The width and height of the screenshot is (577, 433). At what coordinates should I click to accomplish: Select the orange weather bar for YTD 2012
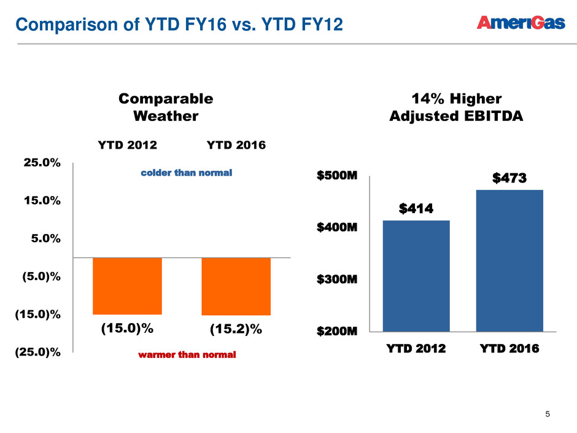pyautogui.click(x=127, y=286)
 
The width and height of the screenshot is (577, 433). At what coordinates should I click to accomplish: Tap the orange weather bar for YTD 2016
pyautogui.click(x=236, y=286)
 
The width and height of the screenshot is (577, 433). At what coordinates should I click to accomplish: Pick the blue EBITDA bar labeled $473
pyautogui.click(x=509, y=260)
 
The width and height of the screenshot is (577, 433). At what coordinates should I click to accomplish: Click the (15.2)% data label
pyautogui.click(x=236, y=330)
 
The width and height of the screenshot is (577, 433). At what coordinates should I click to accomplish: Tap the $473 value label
pyautogui.click(x=509, y=179)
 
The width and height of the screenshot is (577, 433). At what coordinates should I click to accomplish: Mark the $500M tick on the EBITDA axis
pyautogui.click(x=337, y=177)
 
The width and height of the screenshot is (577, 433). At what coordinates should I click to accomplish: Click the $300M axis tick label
pyautogui.click(x=337, y=279)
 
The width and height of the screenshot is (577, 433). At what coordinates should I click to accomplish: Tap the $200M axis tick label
pyautogui.click(x=337, y=332)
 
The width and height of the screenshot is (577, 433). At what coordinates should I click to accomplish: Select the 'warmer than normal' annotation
pyautogui.click(x=187, y=355)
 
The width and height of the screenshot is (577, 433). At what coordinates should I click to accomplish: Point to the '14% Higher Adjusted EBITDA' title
pyautogui.click(x=456, y=107)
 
